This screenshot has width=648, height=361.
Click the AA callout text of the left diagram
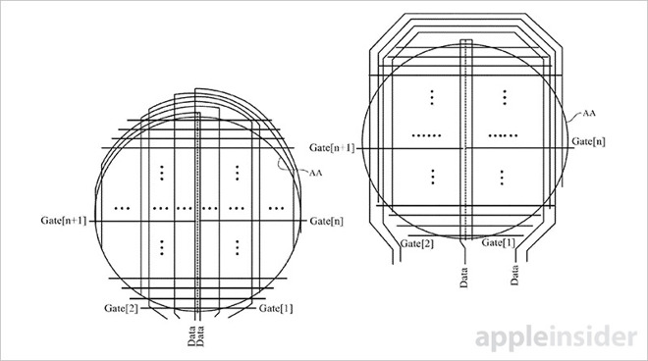coord(317,174)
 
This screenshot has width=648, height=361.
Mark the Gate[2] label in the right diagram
coord(416,242)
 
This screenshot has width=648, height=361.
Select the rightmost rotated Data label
coord(514,275)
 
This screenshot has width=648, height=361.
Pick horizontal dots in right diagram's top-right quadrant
coord(503,133)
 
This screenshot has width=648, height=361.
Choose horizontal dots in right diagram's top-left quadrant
coord(428,133)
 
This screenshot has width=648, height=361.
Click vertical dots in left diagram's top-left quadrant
coord(158,175)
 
